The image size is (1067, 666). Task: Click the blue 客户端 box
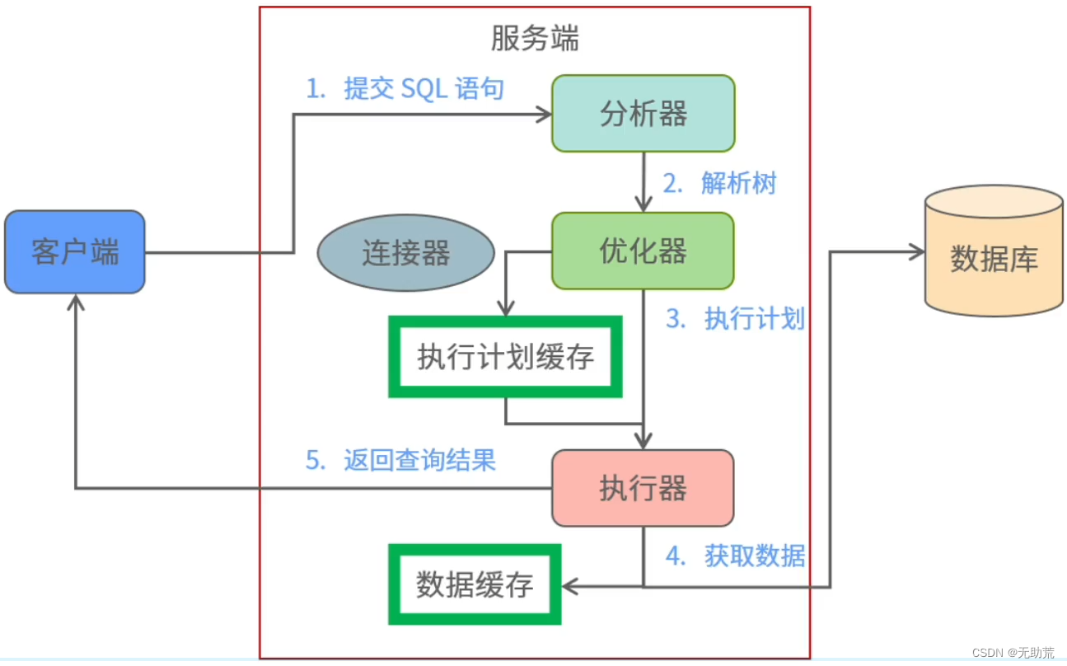[75, 251]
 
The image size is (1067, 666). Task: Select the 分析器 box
[643, 114]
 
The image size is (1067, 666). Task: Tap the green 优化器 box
[643, 251]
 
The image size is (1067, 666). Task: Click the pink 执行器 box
[643, 488]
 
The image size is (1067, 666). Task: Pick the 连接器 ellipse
[405, 253]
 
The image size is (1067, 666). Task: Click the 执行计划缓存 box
[505, 357]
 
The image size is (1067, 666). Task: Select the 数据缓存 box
[475, 584]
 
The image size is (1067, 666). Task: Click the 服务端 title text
[535, 38]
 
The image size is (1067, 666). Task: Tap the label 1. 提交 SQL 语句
[405, 89]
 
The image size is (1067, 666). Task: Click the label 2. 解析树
[719, 183]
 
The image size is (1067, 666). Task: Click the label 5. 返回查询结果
[400, 460]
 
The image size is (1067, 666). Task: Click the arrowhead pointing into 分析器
[544, 114]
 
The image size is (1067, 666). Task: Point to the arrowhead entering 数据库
[916, 252]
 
